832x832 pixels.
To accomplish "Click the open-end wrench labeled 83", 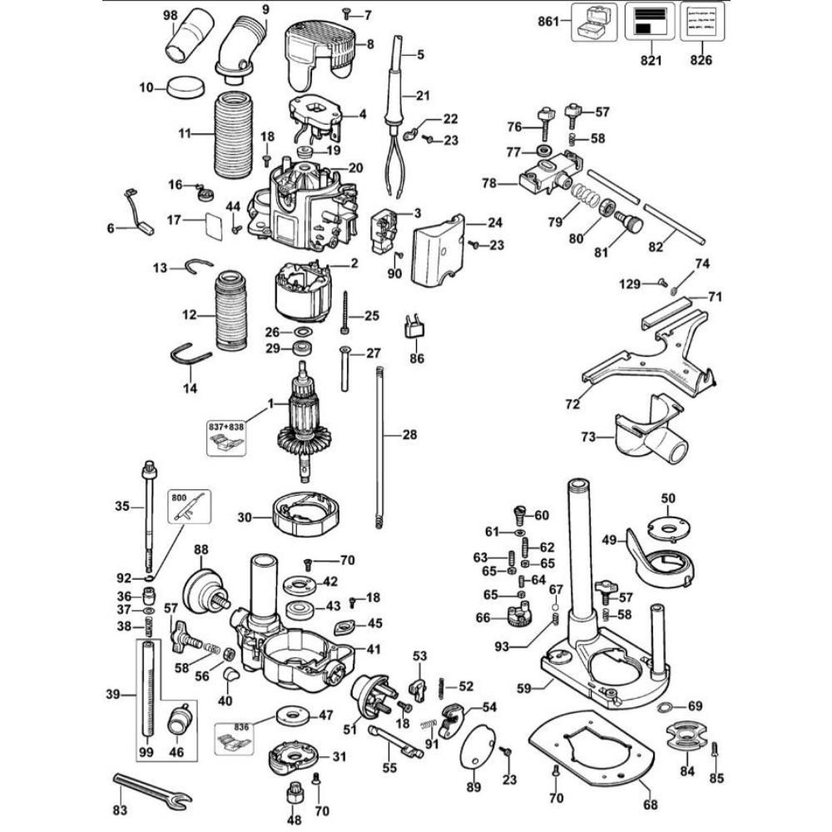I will [151, 790].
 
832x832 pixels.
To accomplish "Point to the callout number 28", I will [409, 434].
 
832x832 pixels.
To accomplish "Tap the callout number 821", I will [651, 60].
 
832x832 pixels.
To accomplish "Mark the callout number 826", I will [701, 60].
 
